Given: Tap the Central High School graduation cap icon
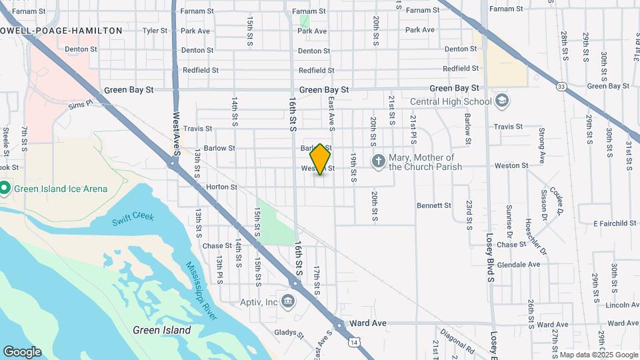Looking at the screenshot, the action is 502,101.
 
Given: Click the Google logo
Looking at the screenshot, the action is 22,352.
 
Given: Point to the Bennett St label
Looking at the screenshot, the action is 434,205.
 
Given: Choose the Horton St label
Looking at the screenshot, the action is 221,187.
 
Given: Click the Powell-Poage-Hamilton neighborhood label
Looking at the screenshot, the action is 61,31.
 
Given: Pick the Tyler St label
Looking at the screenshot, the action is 154,31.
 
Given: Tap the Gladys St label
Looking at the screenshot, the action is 287,331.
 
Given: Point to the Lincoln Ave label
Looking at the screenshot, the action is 623,305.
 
